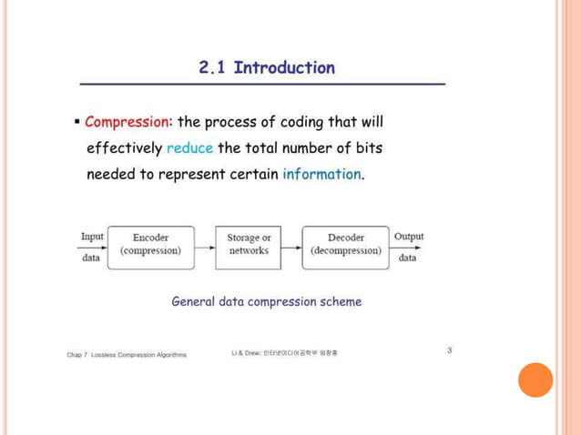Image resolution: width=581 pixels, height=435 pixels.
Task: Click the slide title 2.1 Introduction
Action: click(x=266, y=67)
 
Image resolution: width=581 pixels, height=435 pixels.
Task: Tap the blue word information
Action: click(x=321, y=174)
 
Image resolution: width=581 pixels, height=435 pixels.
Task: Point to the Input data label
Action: click(x=92, y=246)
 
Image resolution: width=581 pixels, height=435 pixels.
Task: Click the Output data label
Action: click(x=408, y=246)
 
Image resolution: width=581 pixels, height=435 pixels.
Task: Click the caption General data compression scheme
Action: click(x=266, y=301)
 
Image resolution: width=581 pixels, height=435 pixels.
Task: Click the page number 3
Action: click(x=449, y=349)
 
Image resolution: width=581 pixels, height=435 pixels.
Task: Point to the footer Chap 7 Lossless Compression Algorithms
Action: click(x=127, y=355)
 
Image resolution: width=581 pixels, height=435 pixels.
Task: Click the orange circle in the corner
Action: click(x=535, y=380)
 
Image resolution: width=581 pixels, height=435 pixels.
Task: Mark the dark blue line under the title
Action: click(x=262, y=84)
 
